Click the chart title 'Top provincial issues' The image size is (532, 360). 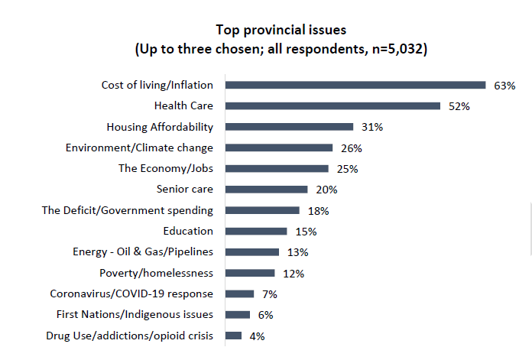pos(281,31)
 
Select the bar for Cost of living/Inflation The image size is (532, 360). pos(355,85)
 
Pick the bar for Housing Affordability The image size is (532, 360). pos(289,127)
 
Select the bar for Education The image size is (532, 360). pos(256,231)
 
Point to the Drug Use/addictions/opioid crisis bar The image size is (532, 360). pos(233,335)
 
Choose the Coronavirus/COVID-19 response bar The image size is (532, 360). pos(239,294)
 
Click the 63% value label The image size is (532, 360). pos(504,86)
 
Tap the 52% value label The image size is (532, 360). pos(459,106)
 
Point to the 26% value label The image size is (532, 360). pos(351,148)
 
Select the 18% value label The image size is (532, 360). pos(317,210)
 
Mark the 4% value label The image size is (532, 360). pos(256,336)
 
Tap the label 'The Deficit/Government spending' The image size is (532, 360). pos(127,210)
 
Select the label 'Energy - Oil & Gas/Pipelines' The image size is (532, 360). pos(142,251)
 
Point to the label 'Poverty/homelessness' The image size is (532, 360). pos(156,273)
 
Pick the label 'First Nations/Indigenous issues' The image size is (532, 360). pos(135,314)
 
